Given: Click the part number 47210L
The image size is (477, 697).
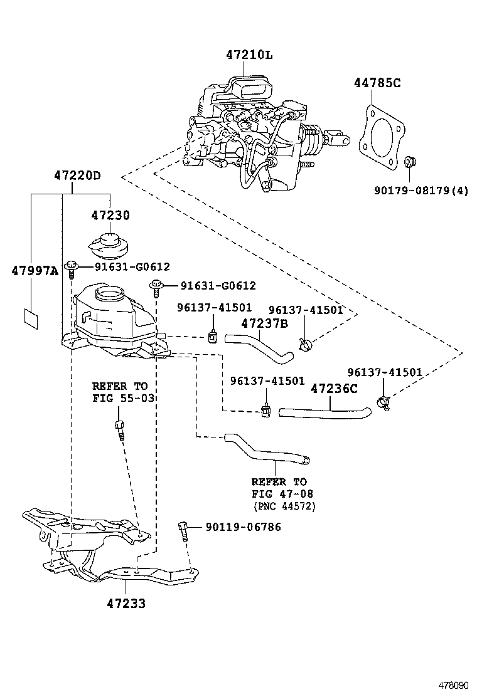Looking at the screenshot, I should click(249, 55).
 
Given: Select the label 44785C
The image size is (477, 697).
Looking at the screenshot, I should click(376, 83).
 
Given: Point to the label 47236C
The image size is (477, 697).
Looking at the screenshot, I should click(334, 389).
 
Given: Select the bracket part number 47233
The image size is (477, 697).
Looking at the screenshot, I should click(126, 604).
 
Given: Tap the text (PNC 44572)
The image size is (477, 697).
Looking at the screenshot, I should click(284, 506).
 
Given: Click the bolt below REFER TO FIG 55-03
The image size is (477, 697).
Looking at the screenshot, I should click(119, 431).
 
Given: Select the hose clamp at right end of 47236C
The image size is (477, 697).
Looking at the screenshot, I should click(383, 404).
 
